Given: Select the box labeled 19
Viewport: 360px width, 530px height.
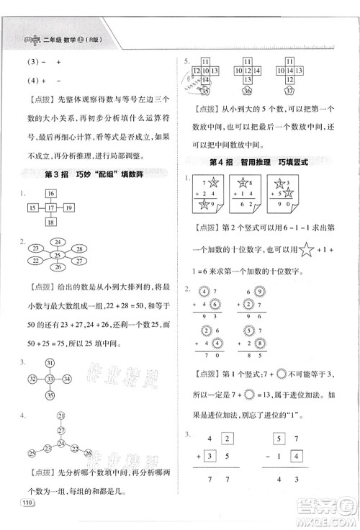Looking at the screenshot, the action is coord(68,208).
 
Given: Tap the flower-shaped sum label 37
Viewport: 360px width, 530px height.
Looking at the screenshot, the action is coord(289,91).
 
